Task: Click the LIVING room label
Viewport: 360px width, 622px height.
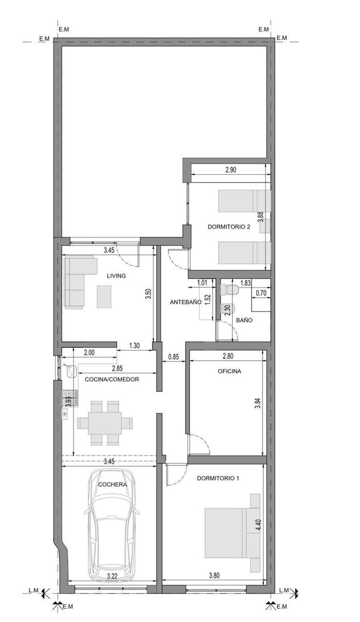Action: pos(116,276)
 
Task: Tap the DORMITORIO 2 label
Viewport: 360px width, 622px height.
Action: pos(229,227)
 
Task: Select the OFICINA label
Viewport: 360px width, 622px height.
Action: pos(229,371)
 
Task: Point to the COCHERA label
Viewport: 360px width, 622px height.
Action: pos(113,485)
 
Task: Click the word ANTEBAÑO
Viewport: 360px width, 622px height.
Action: pos(185,302)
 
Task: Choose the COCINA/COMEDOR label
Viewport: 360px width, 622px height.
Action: pos(112,379)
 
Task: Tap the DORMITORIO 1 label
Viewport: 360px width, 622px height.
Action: pos(218,478)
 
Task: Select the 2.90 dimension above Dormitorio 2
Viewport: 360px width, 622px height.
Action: pos(231,169)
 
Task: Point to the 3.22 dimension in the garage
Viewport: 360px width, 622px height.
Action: pos(112,576)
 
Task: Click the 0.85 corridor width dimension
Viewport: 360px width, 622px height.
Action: pos(173,357)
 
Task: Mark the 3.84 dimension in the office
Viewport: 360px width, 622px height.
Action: pos(258,403)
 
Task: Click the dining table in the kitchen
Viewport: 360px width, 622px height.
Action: pos(105,423)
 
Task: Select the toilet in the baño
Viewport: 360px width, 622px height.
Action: pos(230,290)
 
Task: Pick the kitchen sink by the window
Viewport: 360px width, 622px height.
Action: pos(71,371)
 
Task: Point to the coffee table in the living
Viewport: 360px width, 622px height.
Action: pos(104,296)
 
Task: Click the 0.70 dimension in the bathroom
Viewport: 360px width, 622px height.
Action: pos(261,293)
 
